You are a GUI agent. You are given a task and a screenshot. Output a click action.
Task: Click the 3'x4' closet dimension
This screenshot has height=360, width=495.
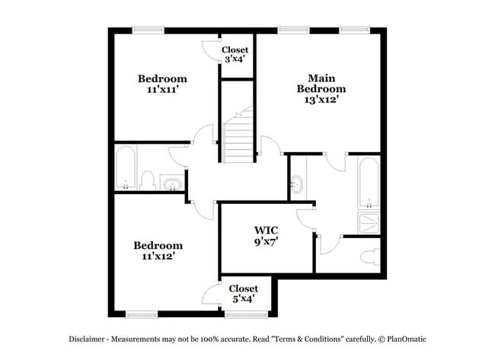click(234, 61)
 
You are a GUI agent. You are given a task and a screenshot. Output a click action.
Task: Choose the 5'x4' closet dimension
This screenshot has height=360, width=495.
click(243, 299)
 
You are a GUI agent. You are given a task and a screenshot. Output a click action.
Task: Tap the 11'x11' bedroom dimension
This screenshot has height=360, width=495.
click(161, 89)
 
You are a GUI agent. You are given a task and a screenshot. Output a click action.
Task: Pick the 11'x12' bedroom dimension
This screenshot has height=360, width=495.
click(158, 256)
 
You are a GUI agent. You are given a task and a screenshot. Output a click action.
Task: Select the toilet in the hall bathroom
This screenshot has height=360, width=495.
click(148, 181)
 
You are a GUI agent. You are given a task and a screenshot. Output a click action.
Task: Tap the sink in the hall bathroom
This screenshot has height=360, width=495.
click(174, 183)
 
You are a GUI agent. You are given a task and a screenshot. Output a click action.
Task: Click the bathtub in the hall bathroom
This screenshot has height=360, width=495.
click(126, 167)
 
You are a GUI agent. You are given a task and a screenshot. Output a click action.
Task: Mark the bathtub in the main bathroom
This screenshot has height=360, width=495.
click(369, 183)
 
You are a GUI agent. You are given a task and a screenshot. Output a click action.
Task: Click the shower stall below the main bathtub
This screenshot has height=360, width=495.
click(369, 223)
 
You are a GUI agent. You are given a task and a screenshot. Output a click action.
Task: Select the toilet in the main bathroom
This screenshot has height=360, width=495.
click(371, 256)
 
